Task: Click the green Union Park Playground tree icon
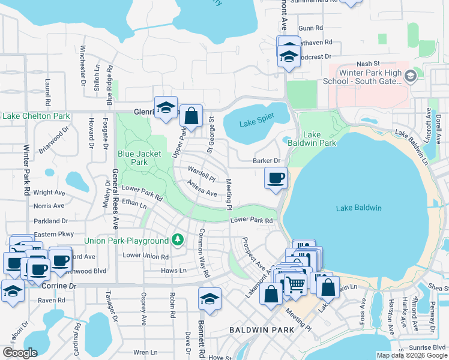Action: [177, 241]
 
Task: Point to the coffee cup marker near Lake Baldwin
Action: [276, 178]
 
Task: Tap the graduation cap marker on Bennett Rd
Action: [209, 299]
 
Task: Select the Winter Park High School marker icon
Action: [411, 76]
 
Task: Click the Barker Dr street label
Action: [267, 161]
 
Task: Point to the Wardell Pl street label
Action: [202, 174]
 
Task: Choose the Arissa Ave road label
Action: [202, 188]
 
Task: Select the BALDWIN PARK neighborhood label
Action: [261, 330]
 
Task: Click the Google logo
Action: [20, 353]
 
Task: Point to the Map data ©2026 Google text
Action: [411, 355]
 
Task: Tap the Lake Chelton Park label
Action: [35, 115]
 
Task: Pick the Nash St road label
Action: [369, 63]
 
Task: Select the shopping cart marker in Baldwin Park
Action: [294, 284]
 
